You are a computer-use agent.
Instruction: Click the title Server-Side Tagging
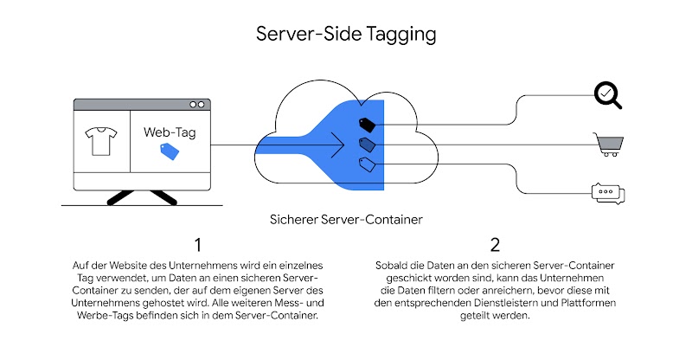pyautogui.click(x=346, y=35)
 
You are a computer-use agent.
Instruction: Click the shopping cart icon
pyautogui.click(x=608, y=144)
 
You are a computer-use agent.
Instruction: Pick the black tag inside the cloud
pyautogui.click(x=366, y=124)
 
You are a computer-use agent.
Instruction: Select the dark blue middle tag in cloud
pyautogui.click(x=367, y=144)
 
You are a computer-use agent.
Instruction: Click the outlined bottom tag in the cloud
pyautogui.click(x=367, y=163)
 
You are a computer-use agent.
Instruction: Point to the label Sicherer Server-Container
pyautogui.click(x=346, y=220)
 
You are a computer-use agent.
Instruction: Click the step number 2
pyautogui.click(x=494, y=245)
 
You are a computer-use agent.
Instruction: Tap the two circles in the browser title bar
pyautogui.click(x=197, y=104)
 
